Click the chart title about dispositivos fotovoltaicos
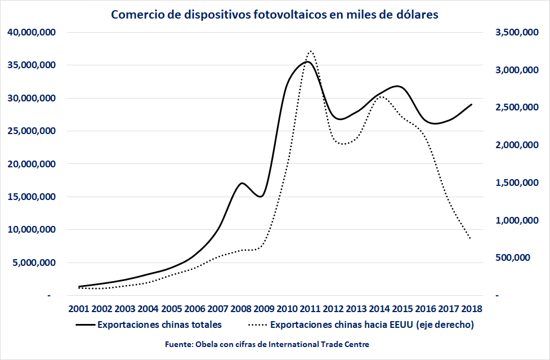(x=275, y=15)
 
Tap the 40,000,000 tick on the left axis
(x=32, y=32)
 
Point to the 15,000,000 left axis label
(x=32, y=197)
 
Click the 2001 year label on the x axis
(x=79, y=309)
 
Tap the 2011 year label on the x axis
(x=310, y=309)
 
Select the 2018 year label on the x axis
(x=471, y=309)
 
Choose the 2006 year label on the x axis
(x=194, y=309)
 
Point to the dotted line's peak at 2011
(x=311, y=51)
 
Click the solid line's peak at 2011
(x=307, y=62)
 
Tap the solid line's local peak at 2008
(x=241, y=183)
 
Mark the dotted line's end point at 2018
(x=471, y=239)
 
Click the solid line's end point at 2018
(x=471, y=104)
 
